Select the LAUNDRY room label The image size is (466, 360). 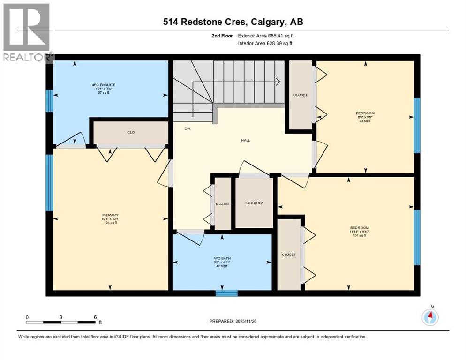coord(254,203)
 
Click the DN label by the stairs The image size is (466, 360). coord(187,128)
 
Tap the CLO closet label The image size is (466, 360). coord(131,132)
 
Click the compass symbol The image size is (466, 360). coord(430,317)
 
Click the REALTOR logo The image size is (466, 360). coord(26,33)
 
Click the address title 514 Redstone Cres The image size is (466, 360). coord(233,22)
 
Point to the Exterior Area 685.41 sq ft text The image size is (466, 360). coord(266,36)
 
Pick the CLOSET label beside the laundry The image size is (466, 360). coord(223,204)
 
